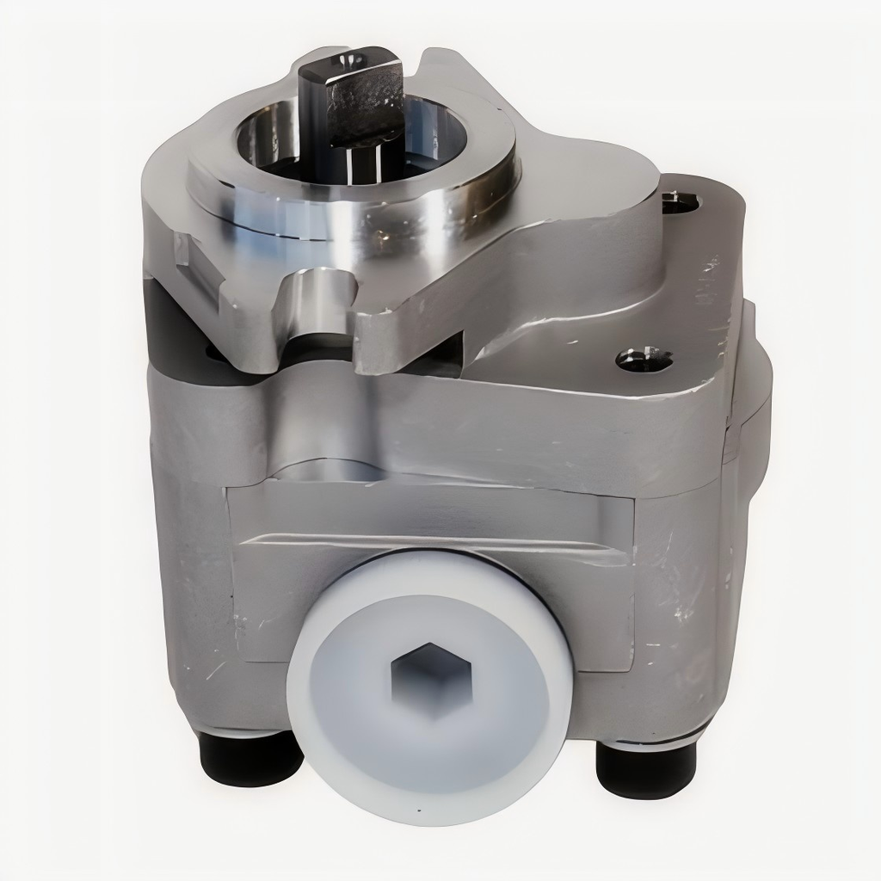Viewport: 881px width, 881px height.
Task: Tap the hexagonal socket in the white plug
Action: (x=428, y=679)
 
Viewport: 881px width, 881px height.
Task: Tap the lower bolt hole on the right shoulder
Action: (x=644, y=360)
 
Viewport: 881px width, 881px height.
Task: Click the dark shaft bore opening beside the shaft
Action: (x=267, y=142)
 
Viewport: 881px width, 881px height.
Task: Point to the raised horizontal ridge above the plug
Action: (x=430, y=542)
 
